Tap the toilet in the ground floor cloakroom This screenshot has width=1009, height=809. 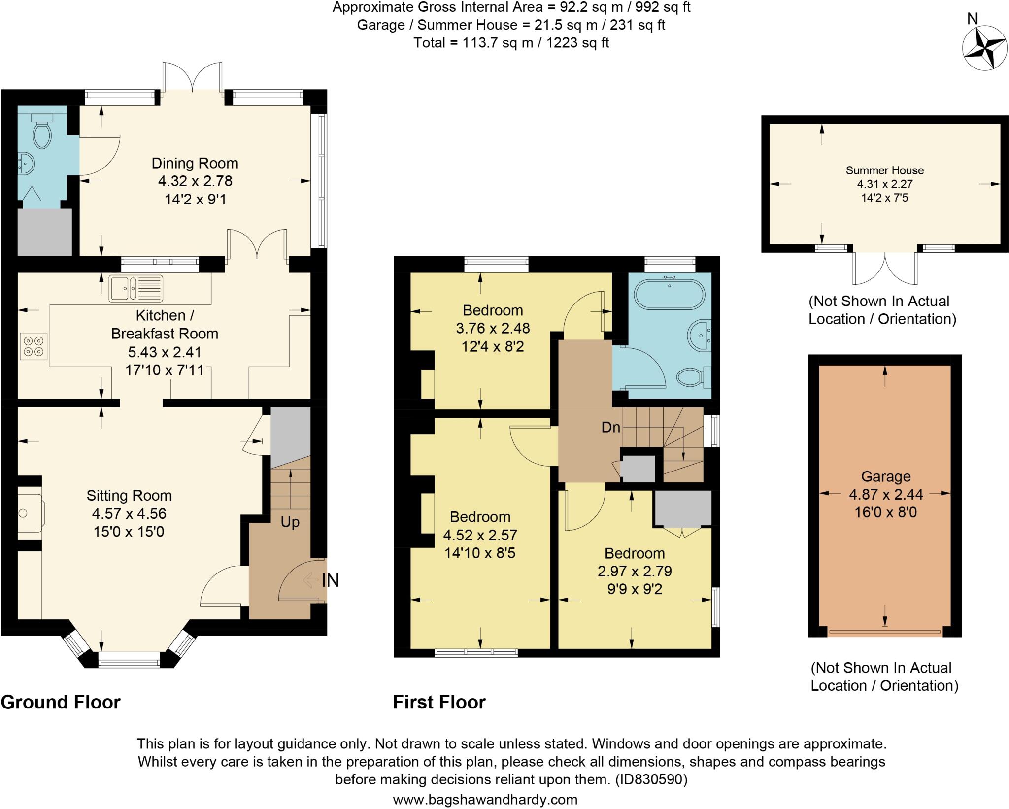click(41, 130)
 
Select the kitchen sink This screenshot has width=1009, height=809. click(135, 288)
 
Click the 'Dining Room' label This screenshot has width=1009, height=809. click(195, 163)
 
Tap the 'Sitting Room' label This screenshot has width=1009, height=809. click(129, 496)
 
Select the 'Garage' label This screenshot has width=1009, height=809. click(886, 476)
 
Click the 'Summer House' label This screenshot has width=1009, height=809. click(885, 170)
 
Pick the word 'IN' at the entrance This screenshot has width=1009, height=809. click(331, 580)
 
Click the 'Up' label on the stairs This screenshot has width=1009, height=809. click(290, 522)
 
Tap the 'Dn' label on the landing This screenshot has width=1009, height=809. click(611, 427)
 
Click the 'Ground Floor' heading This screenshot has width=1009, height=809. click(61, 702)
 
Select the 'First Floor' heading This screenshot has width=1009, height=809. click(439, 702)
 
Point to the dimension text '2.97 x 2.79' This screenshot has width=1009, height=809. click(635, 571)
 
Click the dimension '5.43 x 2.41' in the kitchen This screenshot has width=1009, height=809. click(165, 352)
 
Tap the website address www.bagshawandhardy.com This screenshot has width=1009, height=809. click(485, 799)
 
